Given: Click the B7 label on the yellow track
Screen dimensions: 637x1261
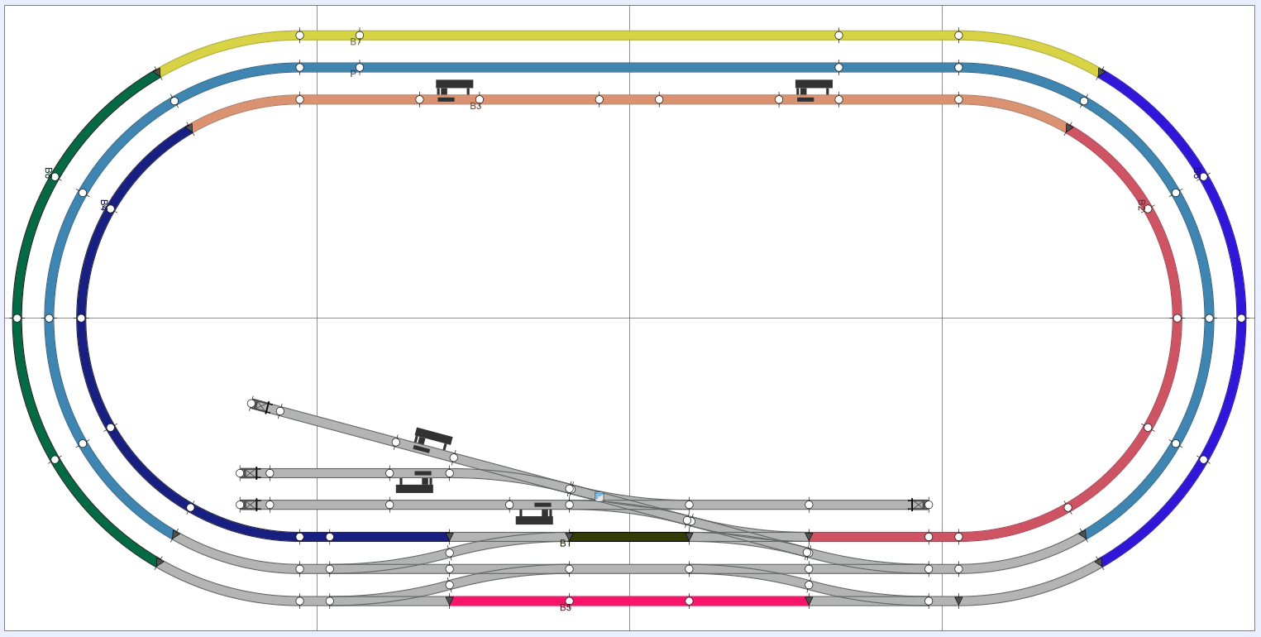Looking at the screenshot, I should click(x=356, y=42).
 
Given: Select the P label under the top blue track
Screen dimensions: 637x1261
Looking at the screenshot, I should click(x=353, y=74).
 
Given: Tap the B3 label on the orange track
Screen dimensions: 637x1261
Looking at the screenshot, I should click(x=475, y=107).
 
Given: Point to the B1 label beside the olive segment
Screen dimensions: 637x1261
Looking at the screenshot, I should click(x=563, y=544).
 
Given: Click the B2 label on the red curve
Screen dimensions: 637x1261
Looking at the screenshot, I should click(x=1141, y=205).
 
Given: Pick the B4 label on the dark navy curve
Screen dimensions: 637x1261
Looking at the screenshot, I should click(x=104, y=205).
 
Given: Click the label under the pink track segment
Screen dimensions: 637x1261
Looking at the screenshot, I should click(x=566, y=608).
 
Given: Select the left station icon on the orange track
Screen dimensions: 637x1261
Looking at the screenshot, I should click(x=454, y=90).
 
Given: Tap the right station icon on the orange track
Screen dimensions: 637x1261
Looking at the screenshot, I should click(x=814, y=90).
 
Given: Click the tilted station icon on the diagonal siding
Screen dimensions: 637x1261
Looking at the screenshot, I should click(x=432, y=439).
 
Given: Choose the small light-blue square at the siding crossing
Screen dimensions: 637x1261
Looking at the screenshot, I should click(x=599, y=497).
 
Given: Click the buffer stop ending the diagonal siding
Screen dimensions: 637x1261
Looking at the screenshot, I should click(x=261, y=406).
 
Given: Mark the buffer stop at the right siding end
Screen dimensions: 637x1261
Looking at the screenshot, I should click(x=918, y=505).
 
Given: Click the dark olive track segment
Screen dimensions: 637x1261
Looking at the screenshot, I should click(x=628, y=537).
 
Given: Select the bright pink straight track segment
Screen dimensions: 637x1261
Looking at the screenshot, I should click(x=628, y=601).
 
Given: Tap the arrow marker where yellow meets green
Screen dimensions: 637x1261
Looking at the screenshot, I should click(x=156, y=73).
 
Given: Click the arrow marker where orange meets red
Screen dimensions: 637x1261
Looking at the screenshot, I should click(x=1069, y=128).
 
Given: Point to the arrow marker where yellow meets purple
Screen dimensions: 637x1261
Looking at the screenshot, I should click(x=1101, y=73).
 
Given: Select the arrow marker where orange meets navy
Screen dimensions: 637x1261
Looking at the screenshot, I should click(x=189, y=128).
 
